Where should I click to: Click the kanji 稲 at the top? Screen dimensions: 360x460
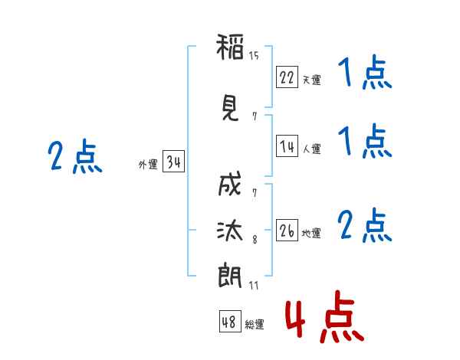[230, 48]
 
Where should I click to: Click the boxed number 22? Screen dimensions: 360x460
[287, 77]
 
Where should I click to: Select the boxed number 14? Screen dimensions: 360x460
[287, 147]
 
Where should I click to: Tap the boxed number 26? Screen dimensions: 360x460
[287, 231]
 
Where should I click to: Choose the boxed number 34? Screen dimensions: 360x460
[173, 162]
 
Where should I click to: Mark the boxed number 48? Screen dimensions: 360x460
[229, 322]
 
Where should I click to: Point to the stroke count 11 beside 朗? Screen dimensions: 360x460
[254, 286]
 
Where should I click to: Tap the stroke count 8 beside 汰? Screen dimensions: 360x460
[255, 241]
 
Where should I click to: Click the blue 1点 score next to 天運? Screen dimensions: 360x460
[364, 74]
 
